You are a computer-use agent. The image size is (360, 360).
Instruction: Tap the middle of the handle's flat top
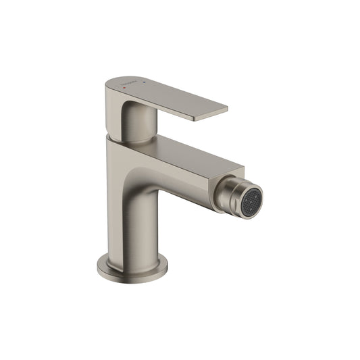(169, 95)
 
